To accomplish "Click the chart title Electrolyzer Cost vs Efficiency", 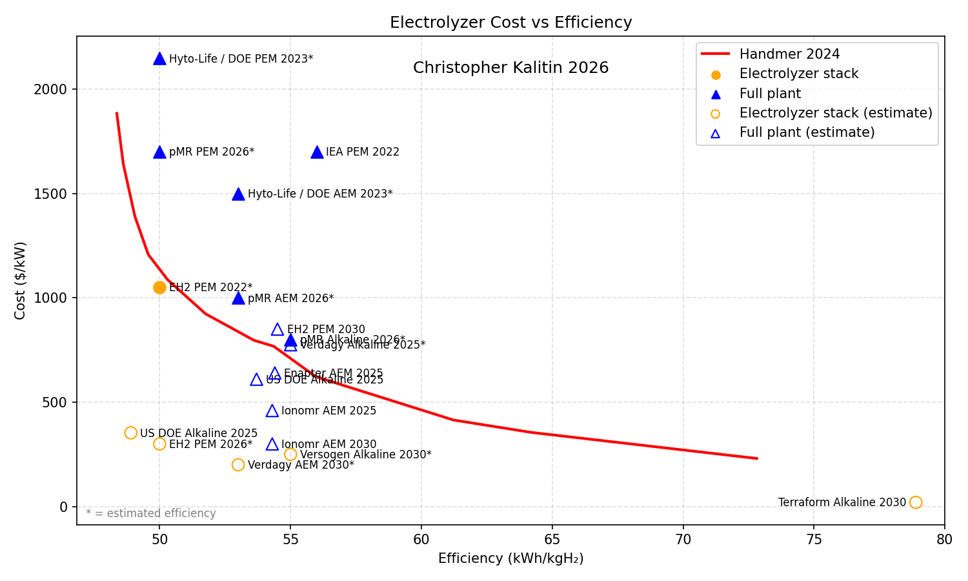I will tap(510, 23).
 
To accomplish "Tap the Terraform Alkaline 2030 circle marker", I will tap(915, 502).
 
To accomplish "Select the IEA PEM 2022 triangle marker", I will tap(317, 152).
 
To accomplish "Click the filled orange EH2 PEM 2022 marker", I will tap(159, 287).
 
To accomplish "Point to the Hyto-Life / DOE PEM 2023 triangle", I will tap(159, 59).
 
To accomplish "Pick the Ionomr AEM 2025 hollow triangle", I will tap(272, 411).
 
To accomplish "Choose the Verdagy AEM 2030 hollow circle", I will tap(238, 465).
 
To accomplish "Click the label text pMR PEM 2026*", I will tap(212, 152).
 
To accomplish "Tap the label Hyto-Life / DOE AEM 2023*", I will tap(320, 194).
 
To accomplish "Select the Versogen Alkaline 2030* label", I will tap(365, 454).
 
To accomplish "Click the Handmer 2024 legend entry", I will tap(789, 54).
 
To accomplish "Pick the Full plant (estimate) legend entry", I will tap(807, 132).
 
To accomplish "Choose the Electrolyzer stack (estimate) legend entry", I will tap(836, 113).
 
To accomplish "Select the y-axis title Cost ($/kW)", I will tap(21, 280).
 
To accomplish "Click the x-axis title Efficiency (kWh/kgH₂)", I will tap(510, 559).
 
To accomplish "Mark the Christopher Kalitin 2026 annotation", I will tap(510, 68).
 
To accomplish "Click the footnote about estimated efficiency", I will tap(151, 513).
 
